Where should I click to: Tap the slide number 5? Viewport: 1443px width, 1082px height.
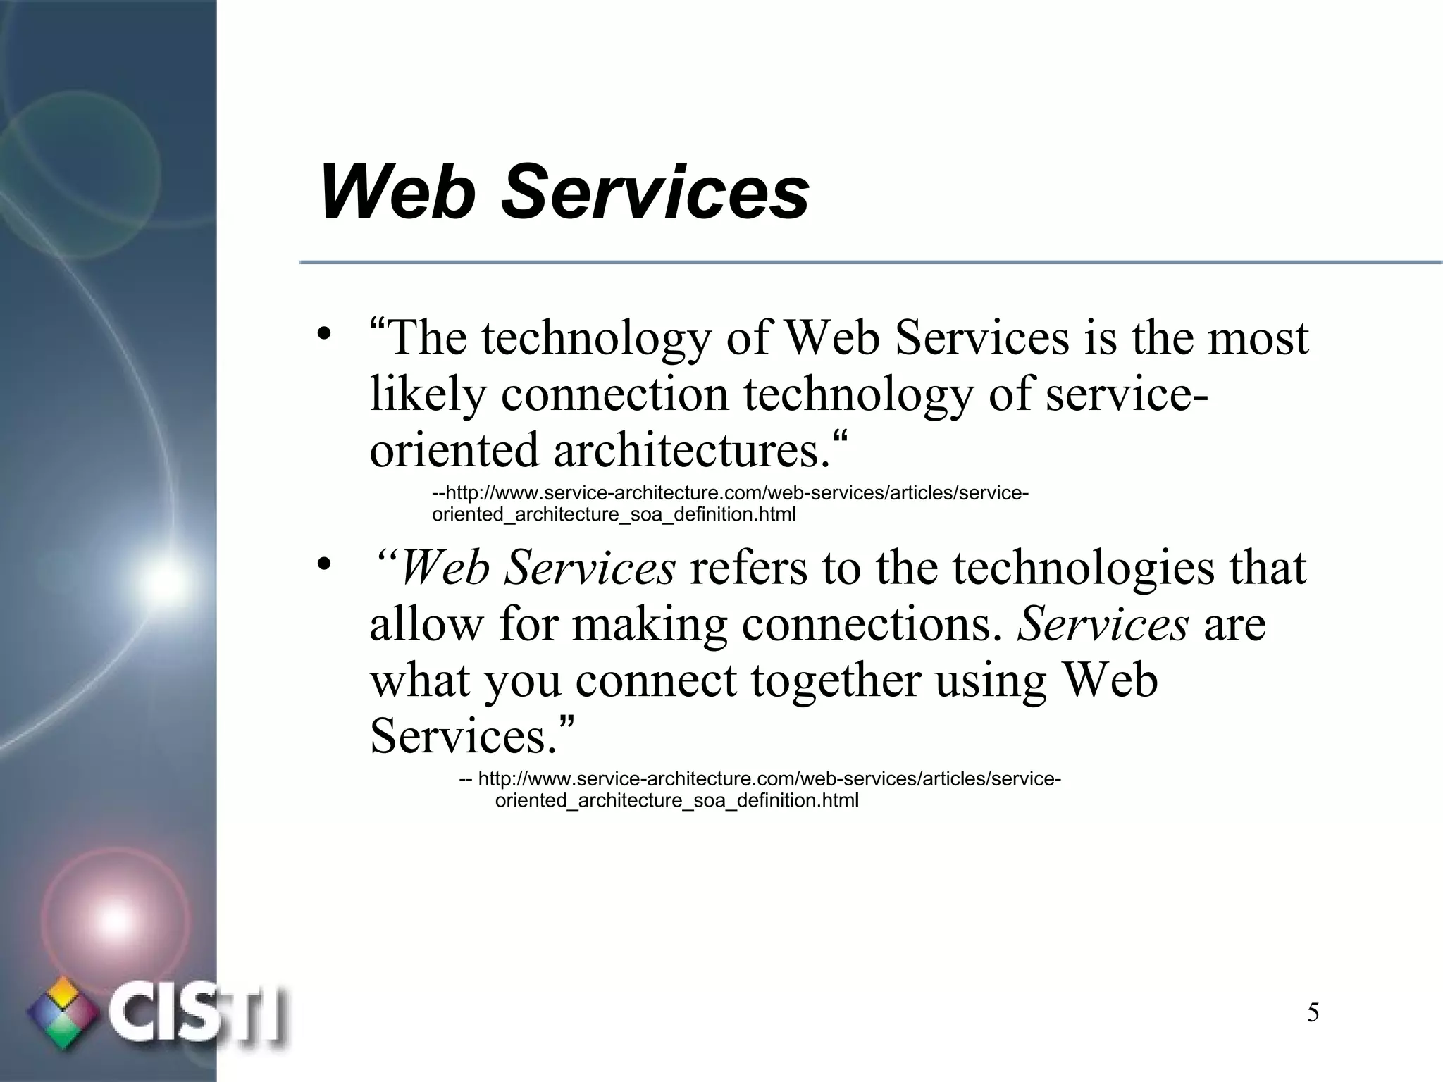click(x=1313, y=1013)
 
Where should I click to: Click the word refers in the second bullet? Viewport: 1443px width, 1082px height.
click(x=748, y=568)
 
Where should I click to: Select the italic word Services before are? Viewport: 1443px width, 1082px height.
click(x=1103, y=624)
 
